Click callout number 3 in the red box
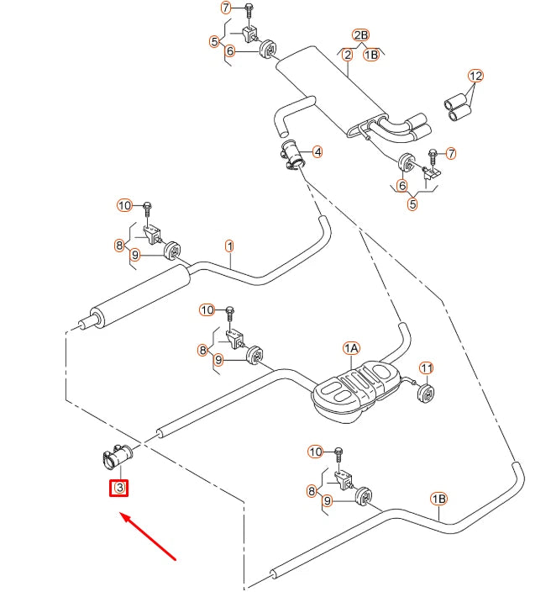119,488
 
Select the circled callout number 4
317,152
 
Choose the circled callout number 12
476,76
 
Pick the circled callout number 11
426,368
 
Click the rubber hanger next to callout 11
426,393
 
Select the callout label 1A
351,347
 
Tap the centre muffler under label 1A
353,386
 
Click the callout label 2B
360,35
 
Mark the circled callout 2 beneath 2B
347,55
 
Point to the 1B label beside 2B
372,55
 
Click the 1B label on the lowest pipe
439,499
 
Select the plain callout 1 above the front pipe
229,246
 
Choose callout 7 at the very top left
225,8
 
